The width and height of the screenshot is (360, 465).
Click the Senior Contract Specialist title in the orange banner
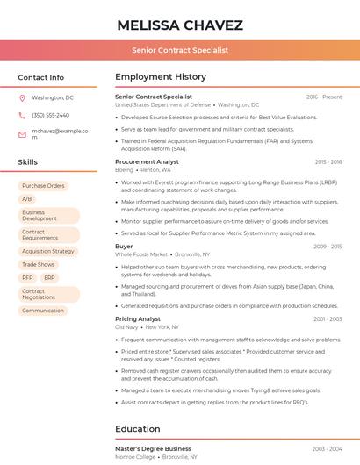[x=180, y=50]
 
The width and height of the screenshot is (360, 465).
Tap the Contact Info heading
[x=40, y=77]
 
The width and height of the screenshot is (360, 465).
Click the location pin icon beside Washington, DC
[x=23, y=97]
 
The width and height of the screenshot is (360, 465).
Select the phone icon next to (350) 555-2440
[x=23, y=115]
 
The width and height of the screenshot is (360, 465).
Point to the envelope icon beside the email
[x=23, y=134]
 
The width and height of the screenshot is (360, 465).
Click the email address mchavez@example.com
[x=60, y=133]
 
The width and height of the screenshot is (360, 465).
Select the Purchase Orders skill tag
[x=43, y=186]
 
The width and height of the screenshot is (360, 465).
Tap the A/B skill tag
[x=26, y=199]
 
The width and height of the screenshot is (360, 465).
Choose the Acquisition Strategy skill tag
[x=48, y=251]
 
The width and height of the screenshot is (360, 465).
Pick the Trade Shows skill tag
[x=38, y=264]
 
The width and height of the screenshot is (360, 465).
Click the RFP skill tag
[x=27, y=277]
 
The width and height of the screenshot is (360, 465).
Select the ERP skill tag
[x=49, y=277]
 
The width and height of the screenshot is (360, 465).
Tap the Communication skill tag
[x=43, y=311]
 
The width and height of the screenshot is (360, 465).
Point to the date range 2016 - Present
[x=324, y=97]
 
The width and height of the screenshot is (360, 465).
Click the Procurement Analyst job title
[x=147, y=161]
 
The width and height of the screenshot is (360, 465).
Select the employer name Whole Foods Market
[x=141, y=254]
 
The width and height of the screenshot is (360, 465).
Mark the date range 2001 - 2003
[x=328, y=319]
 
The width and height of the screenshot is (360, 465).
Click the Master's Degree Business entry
[x=153, y=448]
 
